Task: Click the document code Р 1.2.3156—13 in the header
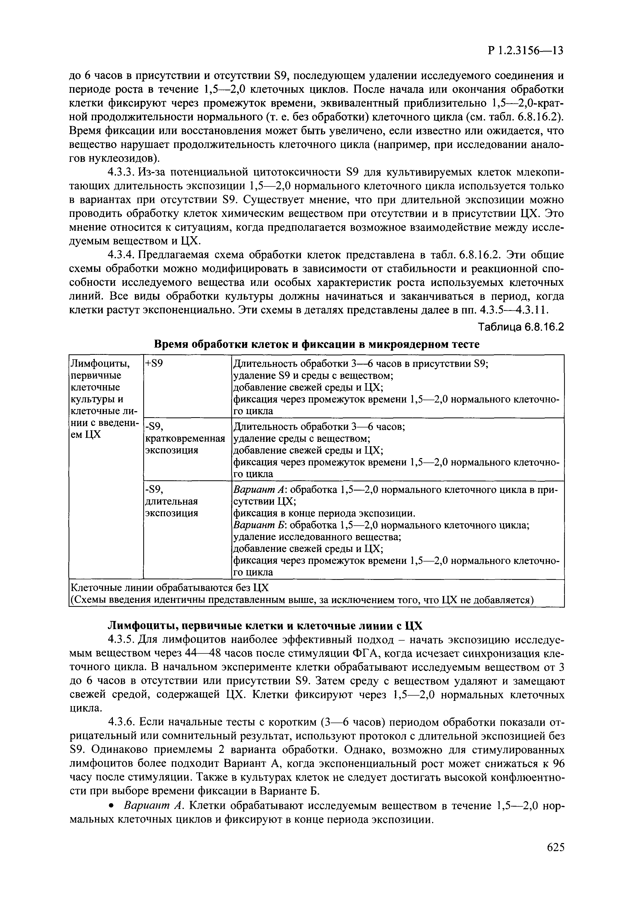pos(525,51)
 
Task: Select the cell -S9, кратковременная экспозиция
pos(185,438)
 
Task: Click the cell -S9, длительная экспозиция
pos(172,501)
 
